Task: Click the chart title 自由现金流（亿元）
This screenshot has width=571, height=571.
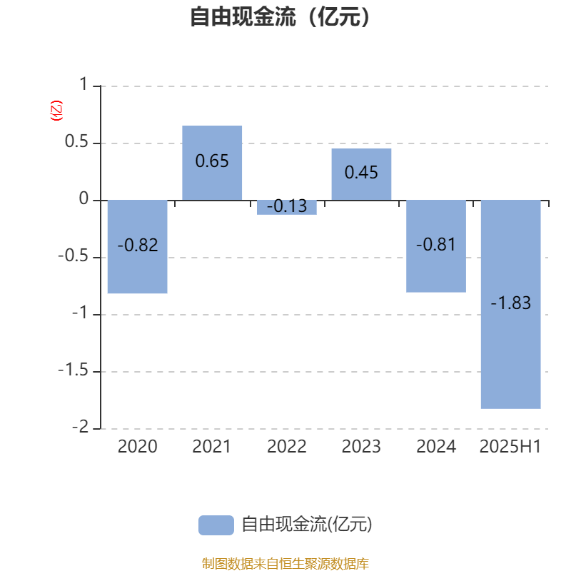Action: click(x=280, y=16)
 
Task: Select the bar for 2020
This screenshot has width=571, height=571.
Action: click(x=138, y=246)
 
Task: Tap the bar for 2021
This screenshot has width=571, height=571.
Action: click(x=212, y=163)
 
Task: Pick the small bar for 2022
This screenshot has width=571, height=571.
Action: click(x=287, y=207)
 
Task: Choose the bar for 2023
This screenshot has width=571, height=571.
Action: click(x=361, y=174)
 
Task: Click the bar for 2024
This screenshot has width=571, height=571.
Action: click(x=436, y=246)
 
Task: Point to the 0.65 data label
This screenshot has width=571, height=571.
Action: click(x=212, y=161)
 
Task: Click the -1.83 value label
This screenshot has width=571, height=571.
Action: click(x=510, y=303)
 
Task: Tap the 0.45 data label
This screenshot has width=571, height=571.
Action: click(x=361, y=172)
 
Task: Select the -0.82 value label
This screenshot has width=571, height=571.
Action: click(x=138, y=245)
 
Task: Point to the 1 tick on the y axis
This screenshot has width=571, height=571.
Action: click(x=84, y=84)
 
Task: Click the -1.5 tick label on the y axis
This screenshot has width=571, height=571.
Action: click(x=74, y=370)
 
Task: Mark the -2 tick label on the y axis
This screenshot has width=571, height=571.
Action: click(x=81, y=427)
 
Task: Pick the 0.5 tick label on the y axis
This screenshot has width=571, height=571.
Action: click(x=76, y=141)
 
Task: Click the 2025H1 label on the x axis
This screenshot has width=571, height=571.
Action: click(x=510, y=447)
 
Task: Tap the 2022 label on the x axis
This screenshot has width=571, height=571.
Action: click(x=287, y=447)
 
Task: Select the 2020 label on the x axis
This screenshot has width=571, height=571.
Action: click(x=138, y=447)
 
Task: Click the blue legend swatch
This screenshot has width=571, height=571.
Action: click(x=216, y=525)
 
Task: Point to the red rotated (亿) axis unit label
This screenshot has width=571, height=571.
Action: click(x=56, y=111)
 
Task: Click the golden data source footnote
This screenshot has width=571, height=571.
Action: click(x=285, y=563)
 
